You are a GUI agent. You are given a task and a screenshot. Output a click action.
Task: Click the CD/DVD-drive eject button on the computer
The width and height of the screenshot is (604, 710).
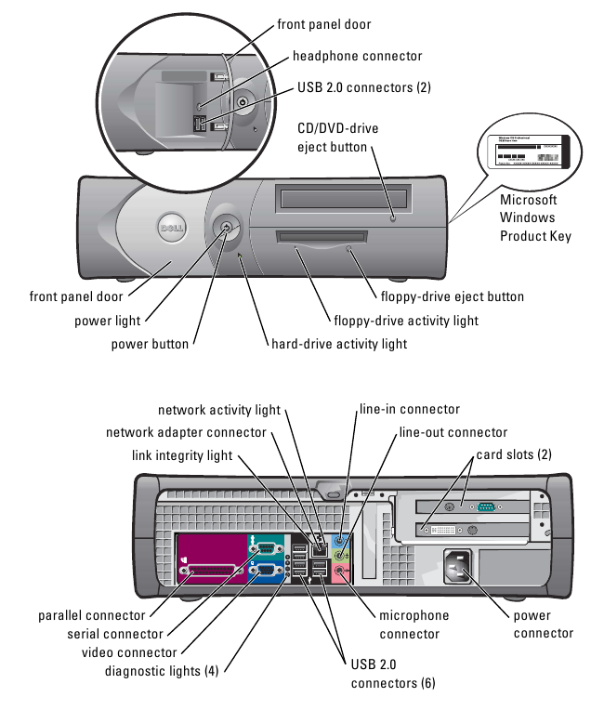[394, 218]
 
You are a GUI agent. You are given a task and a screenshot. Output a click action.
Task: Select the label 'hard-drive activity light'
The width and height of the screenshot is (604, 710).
[338, 344]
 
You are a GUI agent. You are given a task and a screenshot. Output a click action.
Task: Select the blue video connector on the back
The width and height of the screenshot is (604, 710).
[264, 572]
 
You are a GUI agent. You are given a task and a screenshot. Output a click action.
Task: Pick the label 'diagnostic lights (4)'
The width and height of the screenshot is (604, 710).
[162, 669]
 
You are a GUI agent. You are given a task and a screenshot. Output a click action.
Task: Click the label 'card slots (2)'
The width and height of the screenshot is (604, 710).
[514, 454]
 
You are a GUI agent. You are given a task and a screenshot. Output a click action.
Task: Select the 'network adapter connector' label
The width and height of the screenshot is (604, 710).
[186, 432]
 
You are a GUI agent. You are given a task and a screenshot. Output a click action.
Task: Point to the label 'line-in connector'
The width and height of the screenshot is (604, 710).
[409, 409]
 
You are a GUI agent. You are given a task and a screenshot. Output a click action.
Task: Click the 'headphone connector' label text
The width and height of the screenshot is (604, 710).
[357, 57]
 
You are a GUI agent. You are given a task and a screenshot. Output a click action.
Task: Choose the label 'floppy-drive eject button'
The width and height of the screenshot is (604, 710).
[453, 296]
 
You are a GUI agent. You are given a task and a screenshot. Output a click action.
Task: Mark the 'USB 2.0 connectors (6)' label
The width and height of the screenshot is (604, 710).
[391, 674]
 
